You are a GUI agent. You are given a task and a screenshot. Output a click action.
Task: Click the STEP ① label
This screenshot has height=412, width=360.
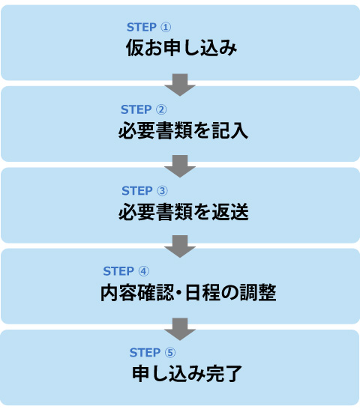pos(148,28)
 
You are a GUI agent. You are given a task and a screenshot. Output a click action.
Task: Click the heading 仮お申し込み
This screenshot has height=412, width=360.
pos(181,49)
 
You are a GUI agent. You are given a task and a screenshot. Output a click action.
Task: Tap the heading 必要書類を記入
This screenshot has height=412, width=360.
pos(182,131)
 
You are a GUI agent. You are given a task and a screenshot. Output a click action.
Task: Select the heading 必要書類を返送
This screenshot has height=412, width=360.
pos(182,212)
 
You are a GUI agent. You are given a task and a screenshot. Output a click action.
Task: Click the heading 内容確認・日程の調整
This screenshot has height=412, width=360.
pos(188,293)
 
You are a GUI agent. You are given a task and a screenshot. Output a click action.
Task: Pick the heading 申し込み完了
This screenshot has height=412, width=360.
pos(185,374)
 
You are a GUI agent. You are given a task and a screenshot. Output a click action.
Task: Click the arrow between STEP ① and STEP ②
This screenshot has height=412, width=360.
pos(180,84)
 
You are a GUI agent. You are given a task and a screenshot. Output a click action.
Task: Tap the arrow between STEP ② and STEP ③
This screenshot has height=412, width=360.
pos(180,165)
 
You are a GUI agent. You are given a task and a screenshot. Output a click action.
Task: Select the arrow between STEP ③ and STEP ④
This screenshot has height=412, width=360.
pos(180,246)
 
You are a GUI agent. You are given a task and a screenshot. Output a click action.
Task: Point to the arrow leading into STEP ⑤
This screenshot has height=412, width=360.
pos(180,327)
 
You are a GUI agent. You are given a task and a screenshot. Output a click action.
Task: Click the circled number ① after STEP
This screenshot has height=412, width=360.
pos(166,28)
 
